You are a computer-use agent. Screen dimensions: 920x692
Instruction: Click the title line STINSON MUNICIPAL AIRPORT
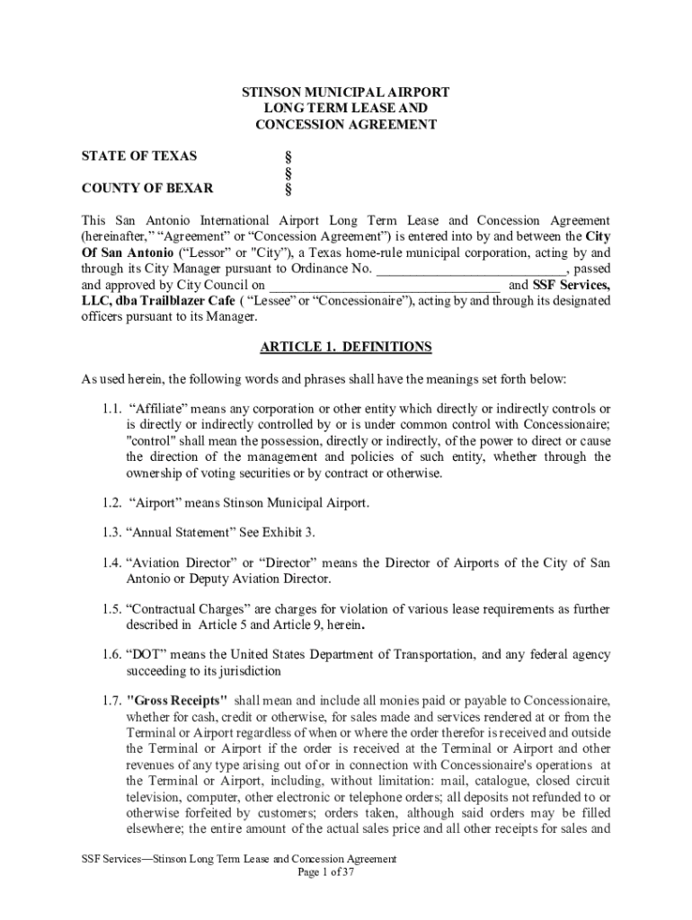pyautogui.click(x=346, y=93)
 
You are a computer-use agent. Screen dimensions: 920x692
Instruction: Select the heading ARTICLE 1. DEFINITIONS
pyautogui.click(x=346, y=347)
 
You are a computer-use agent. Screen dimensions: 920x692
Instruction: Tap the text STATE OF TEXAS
pyautogui.click(x=139, y=156)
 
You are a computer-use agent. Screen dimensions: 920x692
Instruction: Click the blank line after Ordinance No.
pyautogui.click(x=471, y=269)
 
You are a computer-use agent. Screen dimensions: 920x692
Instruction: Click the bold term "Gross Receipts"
pyautogui.click(x=177, y=701)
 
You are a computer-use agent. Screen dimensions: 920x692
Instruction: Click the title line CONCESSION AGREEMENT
pyautogui.click(x=346, y=125)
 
